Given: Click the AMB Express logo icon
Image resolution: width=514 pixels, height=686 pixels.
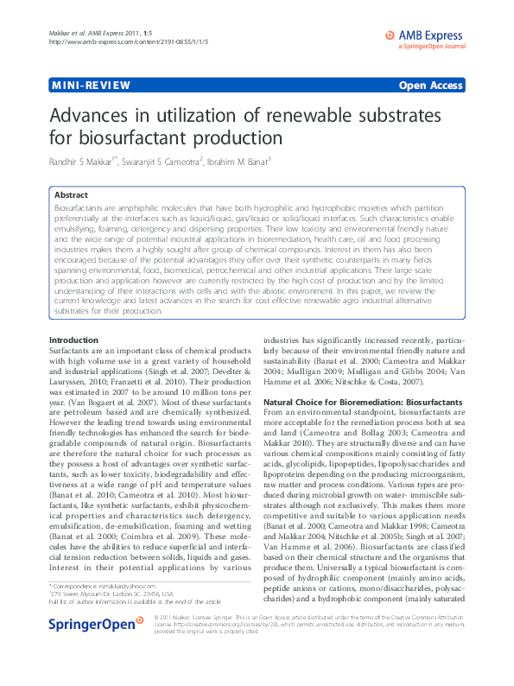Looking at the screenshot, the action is click(x=389, y=34).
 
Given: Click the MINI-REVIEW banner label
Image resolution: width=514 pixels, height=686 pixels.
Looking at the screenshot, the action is click(x=92, y=86).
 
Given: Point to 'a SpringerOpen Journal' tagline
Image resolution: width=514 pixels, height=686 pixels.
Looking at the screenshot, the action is click(x=431, y=47).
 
